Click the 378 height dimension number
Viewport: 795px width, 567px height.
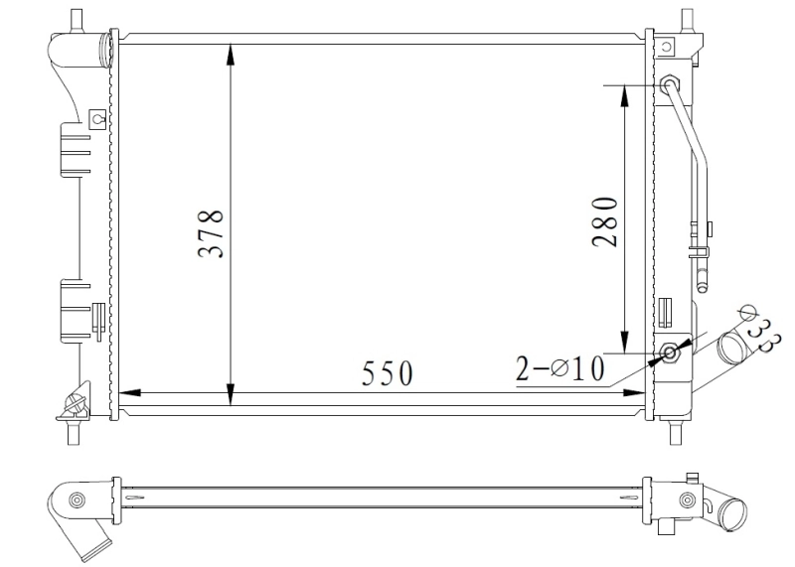click(x=210, y=234)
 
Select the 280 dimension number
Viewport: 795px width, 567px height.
click(x=606, y=221)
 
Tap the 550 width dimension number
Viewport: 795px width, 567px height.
click(x=385, y=373)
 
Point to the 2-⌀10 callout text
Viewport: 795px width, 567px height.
click(x=559, y=369)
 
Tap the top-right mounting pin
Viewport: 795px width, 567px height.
click(x=686, y=18)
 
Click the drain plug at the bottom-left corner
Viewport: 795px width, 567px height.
click(x=75, y=404)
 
